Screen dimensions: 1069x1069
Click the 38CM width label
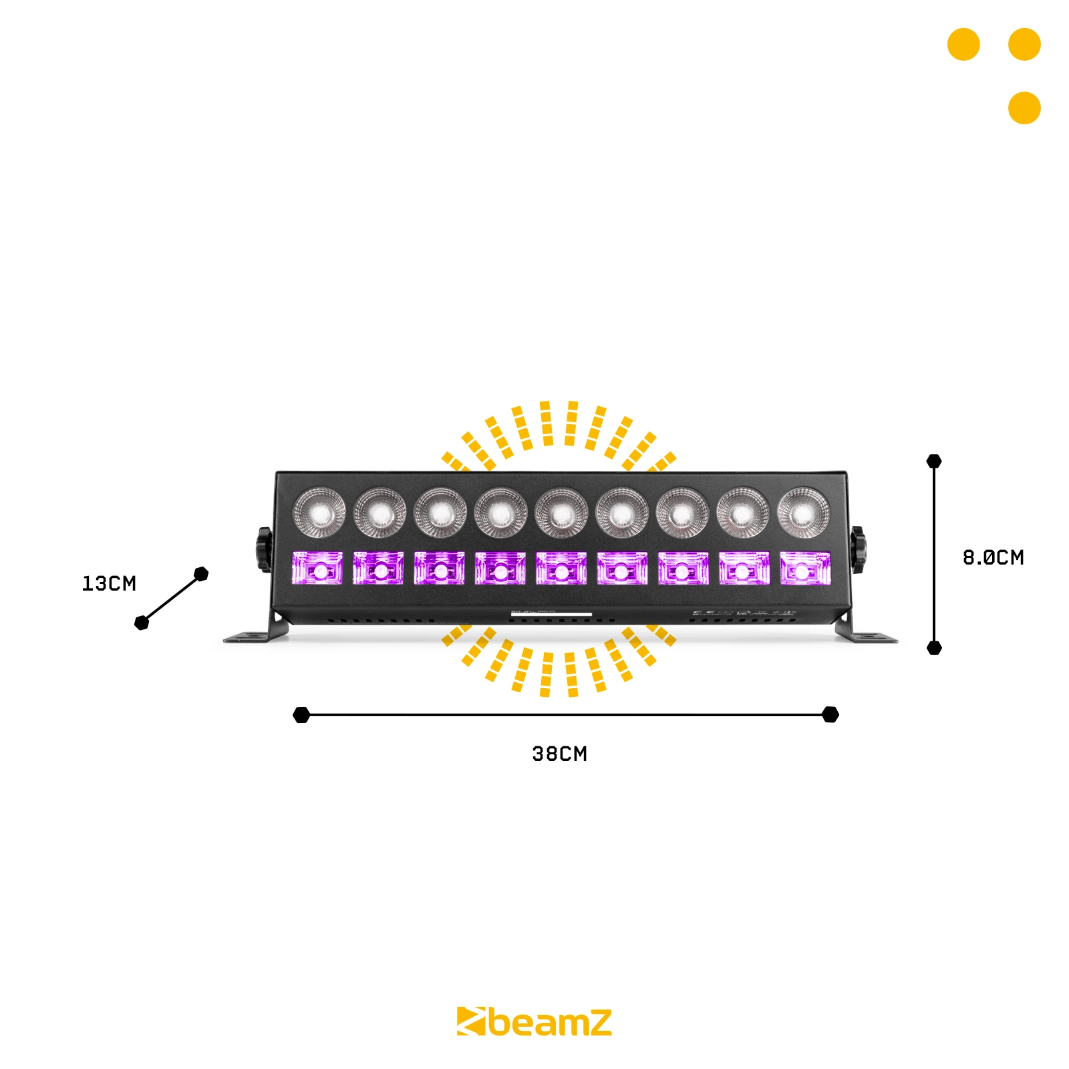tap(559, 754)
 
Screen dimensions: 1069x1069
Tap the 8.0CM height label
tap(993, 557)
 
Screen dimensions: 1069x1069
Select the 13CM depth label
tap(109, 583)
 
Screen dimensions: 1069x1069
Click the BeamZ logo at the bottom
tap(534, 1022)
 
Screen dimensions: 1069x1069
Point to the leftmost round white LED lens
tap(320, 513)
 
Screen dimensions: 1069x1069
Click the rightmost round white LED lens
tap(804, 513)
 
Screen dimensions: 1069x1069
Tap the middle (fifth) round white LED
tap(561, 513)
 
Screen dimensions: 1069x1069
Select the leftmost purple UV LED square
tap(317, 569)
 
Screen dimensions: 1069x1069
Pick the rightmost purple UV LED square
tap(805, 569)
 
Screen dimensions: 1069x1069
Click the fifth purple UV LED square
tap(561, 569)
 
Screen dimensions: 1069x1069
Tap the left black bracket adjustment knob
tap(264, 549)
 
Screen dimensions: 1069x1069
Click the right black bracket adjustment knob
tap(857, 549)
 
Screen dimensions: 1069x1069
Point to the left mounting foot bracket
tap(254, 635)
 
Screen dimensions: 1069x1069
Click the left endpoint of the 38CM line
tap(301, 715)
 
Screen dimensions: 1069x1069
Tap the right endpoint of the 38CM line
tap(830, 715)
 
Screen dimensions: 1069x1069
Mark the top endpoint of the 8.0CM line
tap(934, 461)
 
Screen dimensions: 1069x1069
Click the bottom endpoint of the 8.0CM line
tap(934, 647)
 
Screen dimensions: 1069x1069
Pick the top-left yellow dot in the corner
tap(963, 45)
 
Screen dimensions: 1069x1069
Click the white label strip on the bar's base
tap(551, 614)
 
